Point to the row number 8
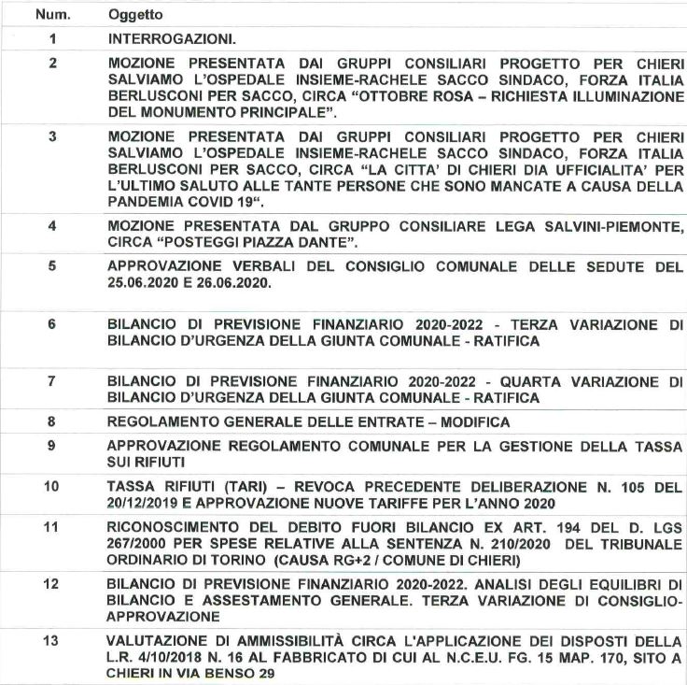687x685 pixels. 52,421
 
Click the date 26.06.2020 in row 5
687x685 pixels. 244,282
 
